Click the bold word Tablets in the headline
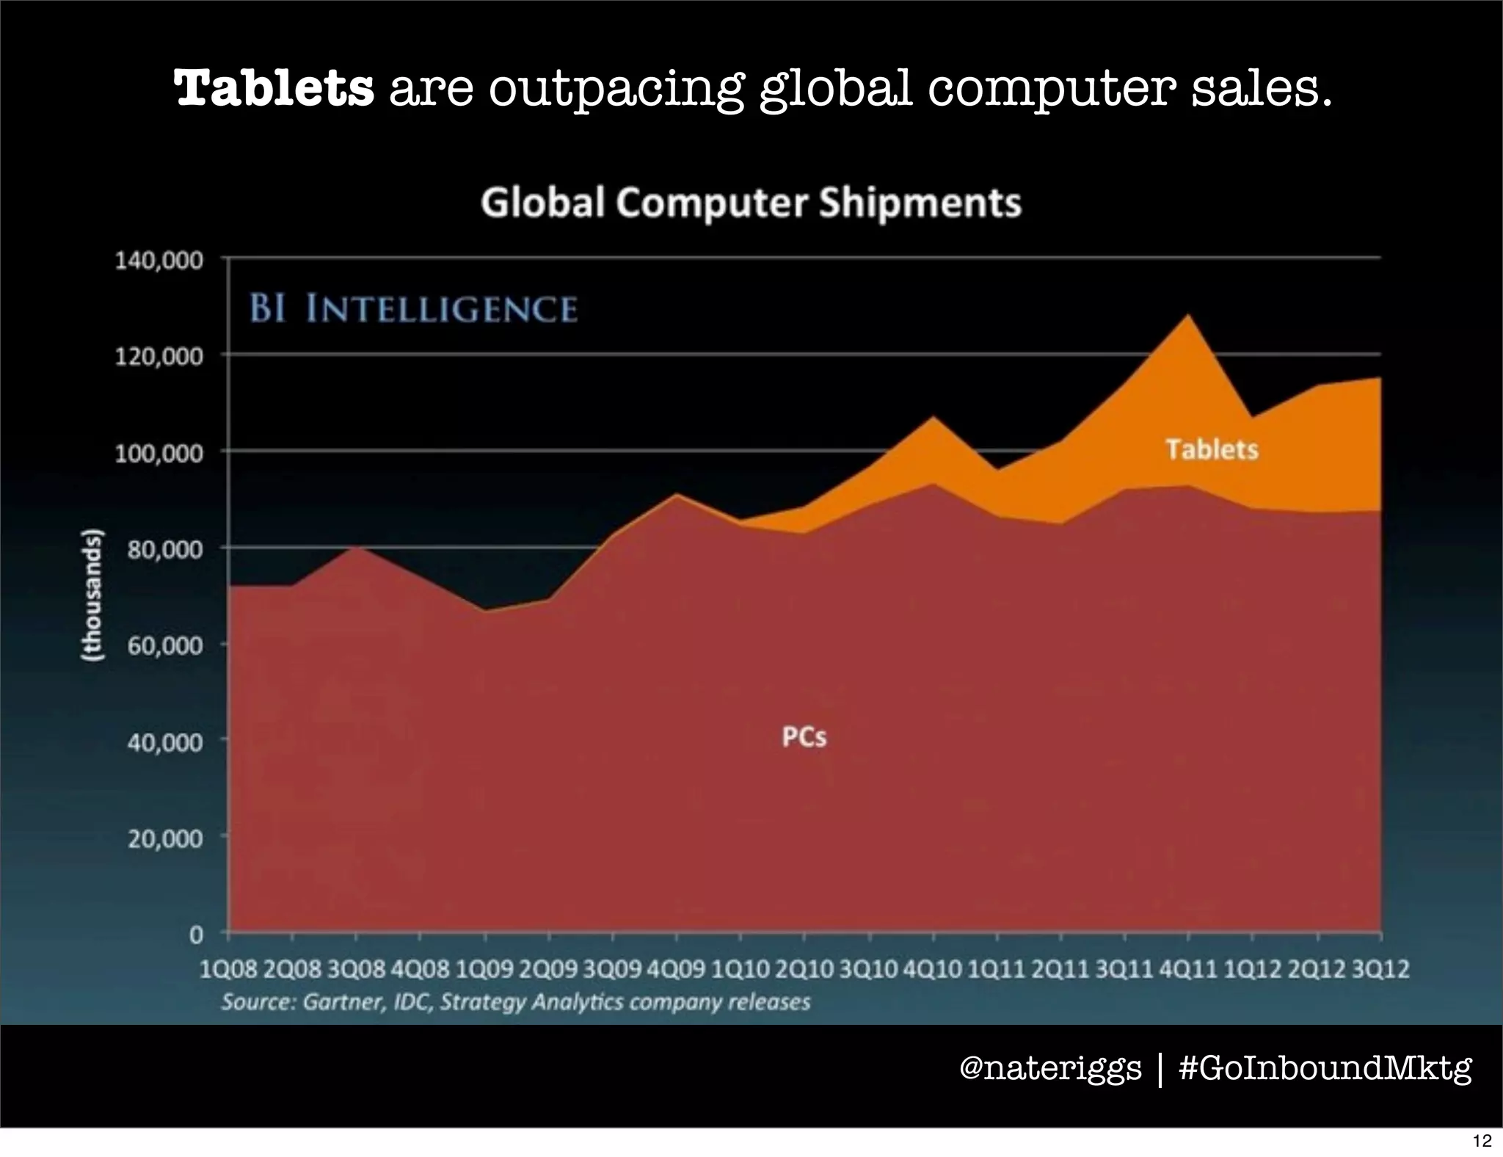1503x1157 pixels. tap(274, 89)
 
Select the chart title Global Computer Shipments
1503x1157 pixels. tap(751, 203)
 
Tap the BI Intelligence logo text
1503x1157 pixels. tap(413, 308)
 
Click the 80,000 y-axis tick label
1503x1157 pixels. tap(164, 549)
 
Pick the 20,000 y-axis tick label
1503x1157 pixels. tap(164, 838)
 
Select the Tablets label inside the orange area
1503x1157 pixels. tap(1212, 449)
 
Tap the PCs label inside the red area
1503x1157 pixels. tap(804, 736)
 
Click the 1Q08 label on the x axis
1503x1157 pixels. tap(228, 970)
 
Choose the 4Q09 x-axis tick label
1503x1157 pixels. tap(676, 970)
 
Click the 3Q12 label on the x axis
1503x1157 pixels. tap(1380, 970)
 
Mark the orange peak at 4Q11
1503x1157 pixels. tap(1188, 316)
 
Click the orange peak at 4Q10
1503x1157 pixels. tap(933, 418)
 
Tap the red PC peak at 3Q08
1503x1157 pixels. tap(356, 548)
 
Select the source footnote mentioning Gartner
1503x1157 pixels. tap(516, 1002)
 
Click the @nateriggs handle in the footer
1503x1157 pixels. tap(1050, 1068)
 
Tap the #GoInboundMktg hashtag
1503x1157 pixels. tap(1325, 1068)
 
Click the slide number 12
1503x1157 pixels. tap(1482, 1141)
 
